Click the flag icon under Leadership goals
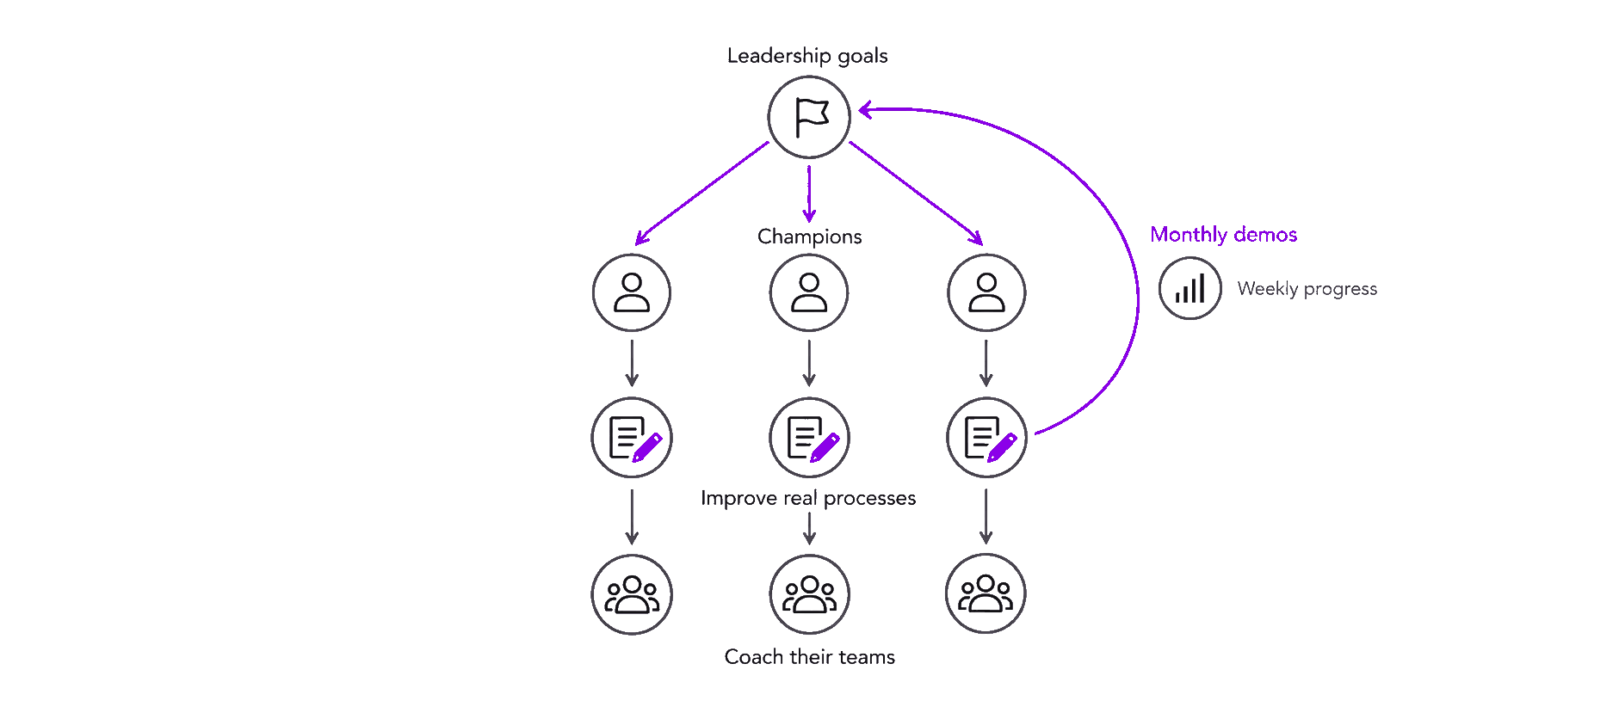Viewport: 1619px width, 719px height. point(809,117)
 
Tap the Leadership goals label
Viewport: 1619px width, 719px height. point(807,56)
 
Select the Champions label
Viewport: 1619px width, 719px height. point(809,237)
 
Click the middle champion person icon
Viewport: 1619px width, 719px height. point(809,292)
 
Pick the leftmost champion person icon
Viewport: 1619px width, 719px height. point(632,292)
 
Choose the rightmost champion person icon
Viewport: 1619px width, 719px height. point(986,292)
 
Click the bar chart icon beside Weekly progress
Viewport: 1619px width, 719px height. point(1190,289)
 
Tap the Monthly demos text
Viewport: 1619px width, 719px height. point(1223,235)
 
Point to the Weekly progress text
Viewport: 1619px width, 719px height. point(1307,289)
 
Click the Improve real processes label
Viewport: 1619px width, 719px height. point(808,498)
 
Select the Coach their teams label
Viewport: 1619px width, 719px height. point(809,657)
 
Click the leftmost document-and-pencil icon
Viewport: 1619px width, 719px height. point(632,438)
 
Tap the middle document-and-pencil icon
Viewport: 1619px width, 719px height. point(809,438)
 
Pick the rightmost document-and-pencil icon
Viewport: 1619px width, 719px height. point(986,438)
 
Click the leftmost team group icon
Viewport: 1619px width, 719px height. point(632,594)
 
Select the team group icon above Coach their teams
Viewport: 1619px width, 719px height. point(809,594)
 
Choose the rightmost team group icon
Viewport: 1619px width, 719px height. point(986,593)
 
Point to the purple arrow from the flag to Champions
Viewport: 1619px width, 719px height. point(809,194)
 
